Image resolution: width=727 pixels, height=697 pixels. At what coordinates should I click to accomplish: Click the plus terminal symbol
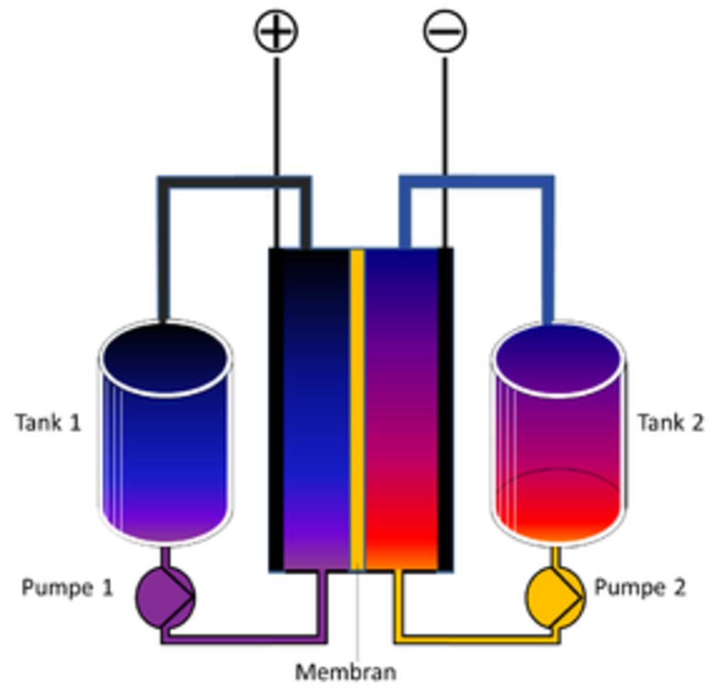[276, 31]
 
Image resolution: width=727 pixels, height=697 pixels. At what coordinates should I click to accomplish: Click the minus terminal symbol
[445, 31]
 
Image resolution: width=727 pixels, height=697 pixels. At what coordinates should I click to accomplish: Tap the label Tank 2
[671, 422]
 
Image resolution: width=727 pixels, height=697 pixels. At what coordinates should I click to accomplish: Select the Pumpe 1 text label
[67, 587]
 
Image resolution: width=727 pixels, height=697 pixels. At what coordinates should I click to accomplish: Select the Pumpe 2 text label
[640, 587]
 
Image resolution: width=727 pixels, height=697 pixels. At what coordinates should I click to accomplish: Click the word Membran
[345, 672]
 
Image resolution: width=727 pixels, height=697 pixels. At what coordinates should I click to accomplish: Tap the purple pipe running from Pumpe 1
[242, 638]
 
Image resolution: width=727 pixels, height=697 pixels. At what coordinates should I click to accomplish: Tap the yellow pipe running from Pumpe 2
[473, 638]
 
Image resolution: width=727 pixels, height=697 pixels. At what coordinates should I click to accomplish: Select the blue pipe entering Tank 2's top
[547, 255]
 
